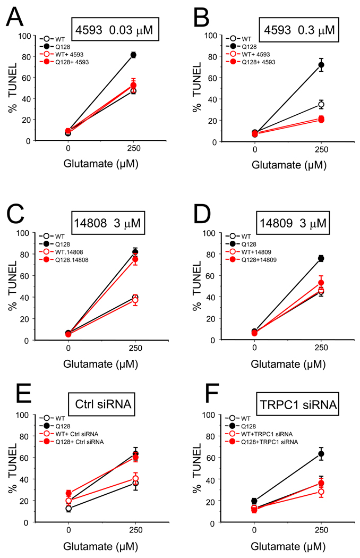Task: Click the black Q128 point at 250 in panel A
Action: (133, 55)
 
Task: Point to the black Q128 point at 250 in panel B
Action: (321, 65)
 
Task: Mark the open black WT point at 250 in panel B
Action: (321, 104)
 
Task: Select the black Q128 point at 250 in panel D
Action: (321, 258)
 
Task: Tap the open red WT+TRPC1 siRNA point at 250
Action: (321, 492)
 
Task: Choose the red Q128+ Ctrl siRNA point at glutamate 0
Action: (68, 493)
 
